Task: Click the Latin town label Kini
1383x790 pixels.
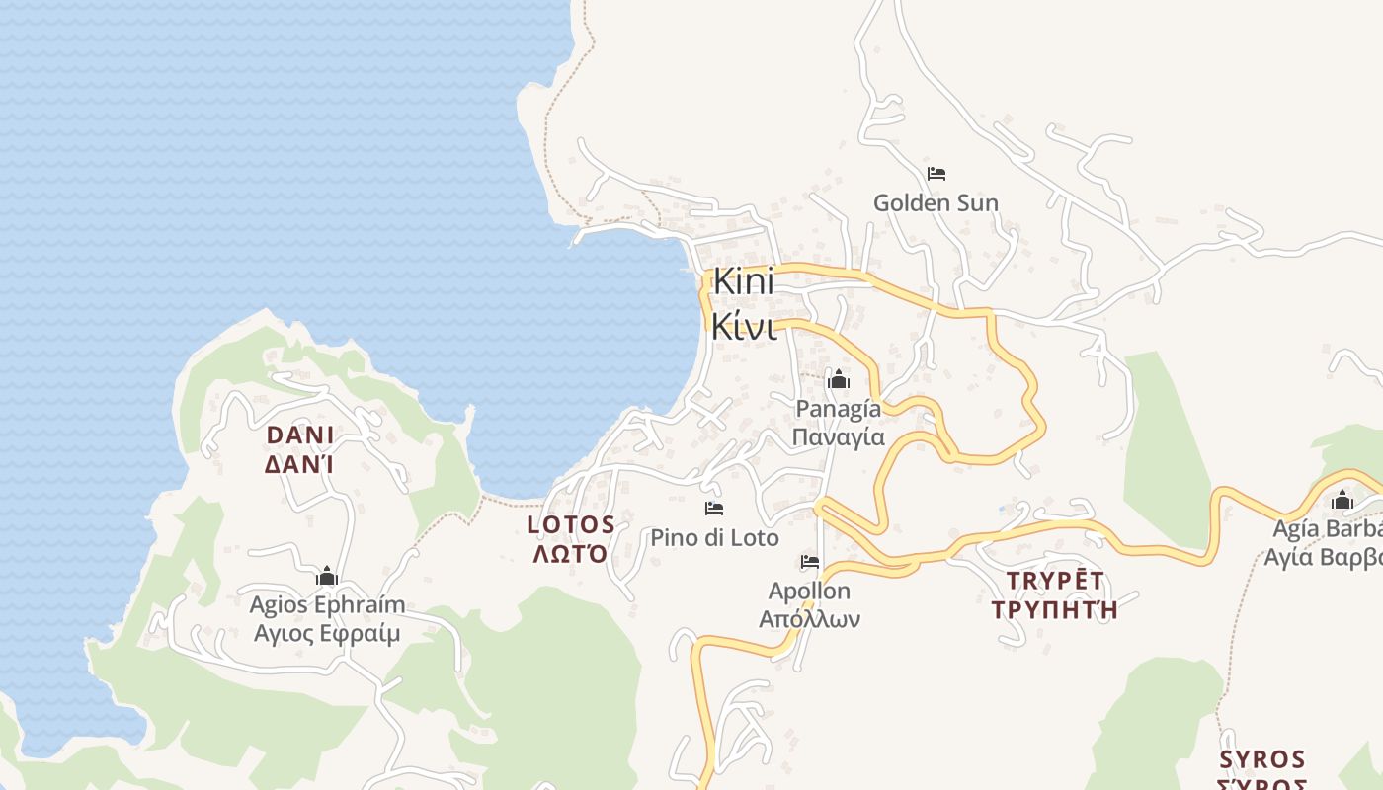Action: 743,281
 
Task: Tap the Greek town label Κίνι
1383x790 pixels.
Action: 743,328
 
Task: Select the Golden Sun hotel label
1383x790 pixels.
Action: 936,203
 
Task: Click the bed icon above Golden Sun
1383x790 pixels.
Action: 936,175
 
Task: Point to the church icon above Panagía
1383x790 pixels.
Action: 838,379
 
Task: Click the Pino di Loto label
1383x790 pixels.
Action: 714,538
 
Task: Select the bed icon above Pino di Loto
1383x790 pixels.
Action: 714,509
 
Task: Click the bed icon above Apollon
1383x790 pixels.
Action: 810,562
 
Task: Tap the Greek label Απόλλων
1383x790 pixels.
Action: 809,619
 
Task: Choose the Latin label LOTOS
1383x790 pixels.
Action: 571,524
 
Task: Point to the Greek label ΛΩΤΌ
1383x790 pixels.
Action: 570,553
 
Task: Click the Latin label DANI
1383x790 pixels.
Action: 300,435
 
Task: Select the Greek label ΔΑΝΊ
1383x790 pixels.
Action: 299,463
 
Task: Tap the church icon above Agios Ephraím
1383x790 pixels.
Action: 327,577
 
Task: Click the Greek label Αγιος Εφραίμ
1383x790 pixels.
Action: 327,633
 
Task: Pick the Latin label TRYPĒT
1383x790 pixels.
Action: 1054,581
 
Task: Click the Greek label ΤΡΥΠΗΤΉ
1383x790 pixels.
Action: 1054,609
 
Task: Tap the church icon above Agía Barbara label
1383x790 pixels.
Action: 1342,500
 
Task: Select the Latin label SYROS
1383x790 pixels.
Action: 1261,759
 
